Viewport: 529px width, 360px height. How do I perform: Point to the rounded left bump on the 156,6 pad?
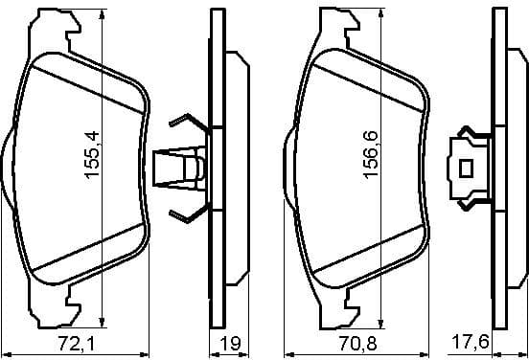pos(287,169)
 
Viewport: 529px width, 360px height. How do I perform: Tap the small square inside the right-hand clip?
pos(468,169)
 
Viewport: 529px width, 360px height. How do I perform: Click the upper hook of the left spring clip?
pos(182,124)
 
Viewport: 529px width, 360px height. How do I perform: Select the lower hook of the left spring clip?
pos(182,213)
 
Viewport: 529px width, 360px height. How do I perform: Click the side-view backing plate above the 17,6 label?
pos(497,169)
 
